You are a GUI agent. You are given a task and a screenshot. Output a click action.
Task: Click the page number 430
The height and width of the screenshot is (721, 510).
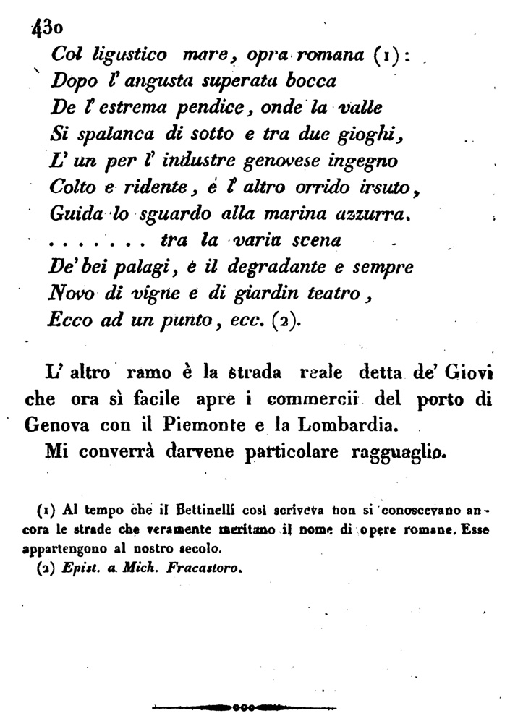[46, 28]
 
